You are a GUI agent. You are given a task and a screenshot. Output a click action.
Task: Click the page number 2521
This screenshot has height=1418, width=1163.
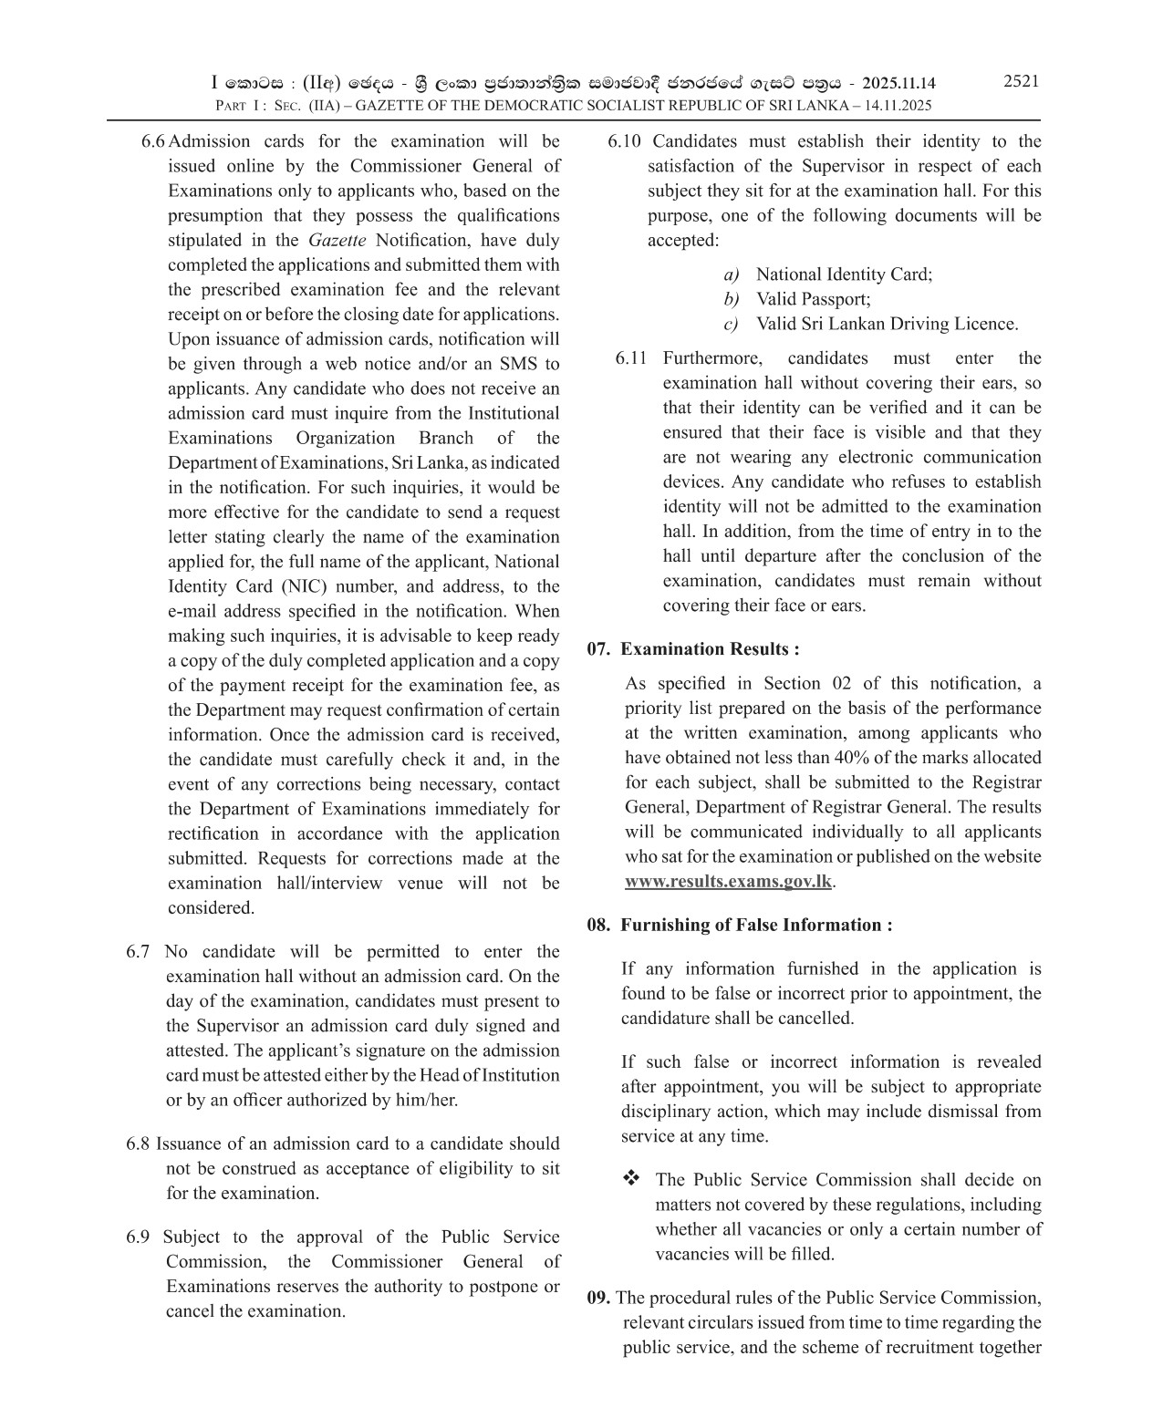pyautogui.click(x=1021, y=81)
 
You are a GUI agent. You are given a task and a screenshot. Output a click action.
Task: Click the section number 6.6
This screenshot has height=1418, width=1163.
pyautogui.click(x=153, y=141)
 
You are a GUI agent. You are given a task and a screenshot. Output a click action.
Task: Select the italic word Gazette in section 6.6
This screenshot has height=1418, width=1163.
pyautogui.click(x=337, y=241)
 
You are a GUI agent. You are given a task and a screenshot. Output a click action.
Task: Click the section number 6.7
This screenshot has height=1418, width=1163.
pyautogui.click(x=138, y=952)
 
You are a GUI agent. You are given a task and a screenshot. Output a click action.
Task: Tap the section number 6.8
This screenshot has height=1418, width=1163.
pyautogui.click(x=138, y=1144)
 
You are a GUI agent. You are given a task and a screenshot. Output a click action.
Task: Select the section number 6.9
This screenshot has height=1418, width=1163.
pyautogui.click(x=138, y=1237)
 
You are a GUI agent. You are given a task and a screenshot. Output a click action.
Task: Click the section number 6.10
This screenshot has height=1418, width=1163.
pyautogui.click(x=625, y=141)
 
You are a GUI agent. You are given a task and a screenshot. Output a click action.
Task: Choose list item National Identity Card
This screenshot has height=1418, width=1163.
pyautogui.click(x=844, y=274)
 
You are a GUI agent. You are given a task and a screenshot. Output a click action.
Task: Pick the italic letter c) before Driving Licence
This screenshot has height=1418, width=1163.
pyautogui.click(x=730, y=325)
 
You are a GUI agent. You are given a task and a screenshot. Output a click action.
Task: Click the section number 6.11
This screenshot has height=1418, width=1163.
pyautogui.click(x=631, y=358)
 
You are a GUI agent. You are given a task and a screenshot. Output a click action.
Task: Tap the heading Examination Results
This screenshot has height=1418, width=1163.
pyautogui.click(x=710, y=649)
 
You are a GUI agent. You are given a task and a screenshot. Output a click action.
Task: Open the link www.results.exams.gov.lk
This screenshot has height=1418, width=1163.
pyautogui.click(x=728, y=882)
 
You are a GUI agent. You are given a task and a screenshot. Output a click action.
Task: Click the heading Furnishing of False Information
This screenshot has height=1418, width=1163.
pyautogui.click(x=756, y=925)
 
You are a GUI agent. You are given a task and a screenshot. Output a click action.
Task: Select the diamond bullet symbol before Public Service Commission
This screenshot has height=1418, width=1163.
pyautogui.click(x=631, y=1179)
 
